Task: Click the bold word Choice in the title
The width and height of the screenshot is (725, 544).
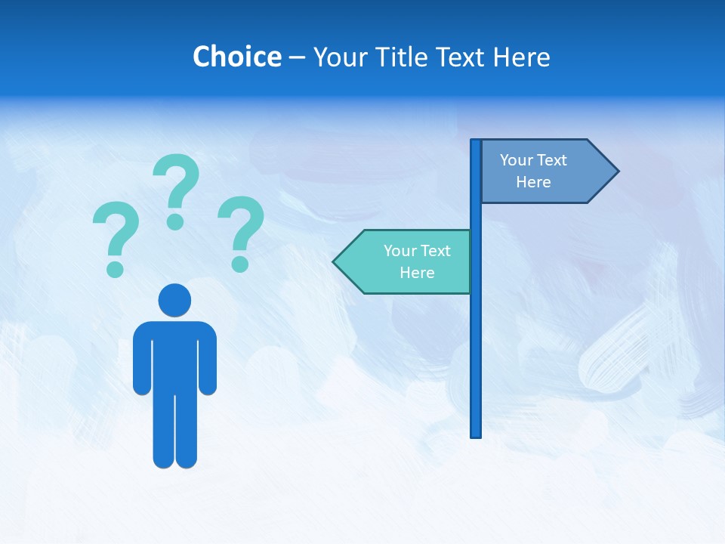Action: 236,57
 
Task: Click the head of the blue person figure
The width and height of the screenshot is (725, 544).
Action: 174,301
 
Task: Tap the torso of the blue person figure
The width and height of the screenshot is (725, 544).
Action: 174,355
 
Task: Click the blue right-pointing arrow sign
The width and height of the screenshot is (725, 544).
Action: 544,172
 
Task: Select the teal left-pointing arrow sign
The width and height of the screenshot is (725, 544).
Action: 408,261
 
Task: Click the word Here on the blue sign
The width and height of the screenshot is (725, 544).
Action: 533,182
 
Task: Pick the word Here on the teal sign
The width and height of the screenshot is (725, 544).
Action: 417,273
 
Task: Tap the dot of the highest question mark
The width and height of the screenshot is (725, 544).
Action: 175,221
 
